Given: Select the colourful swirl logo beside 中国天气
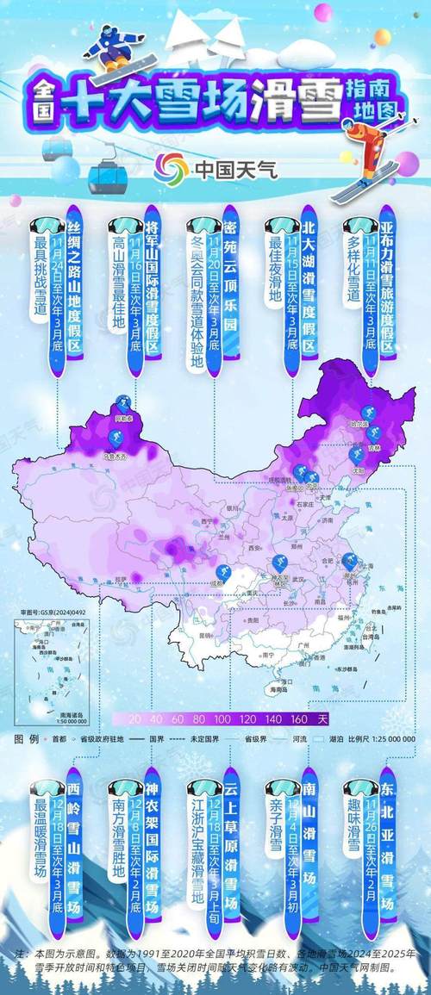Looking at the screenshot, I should [x=170, y=167].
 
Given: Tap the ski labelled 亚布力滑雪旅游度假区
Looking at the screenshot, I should [x=387, y=284].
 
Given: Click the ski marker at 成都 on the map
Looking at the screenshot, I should [x=223, y=575].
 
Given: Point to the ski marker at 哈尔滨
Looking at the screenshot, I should [x=366, y=414].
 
